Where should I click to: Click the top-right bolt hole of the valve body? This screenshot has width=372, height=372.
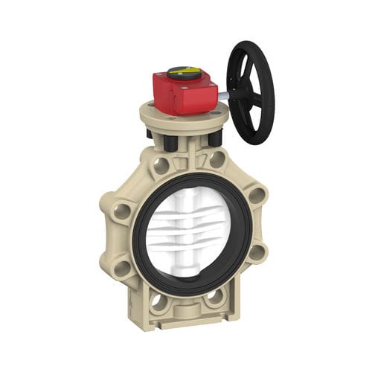217,159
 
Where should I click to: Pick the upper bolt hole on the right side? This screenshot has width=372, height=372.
257,196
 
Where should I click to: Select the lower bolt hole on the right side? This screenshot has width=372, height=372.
257,251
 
